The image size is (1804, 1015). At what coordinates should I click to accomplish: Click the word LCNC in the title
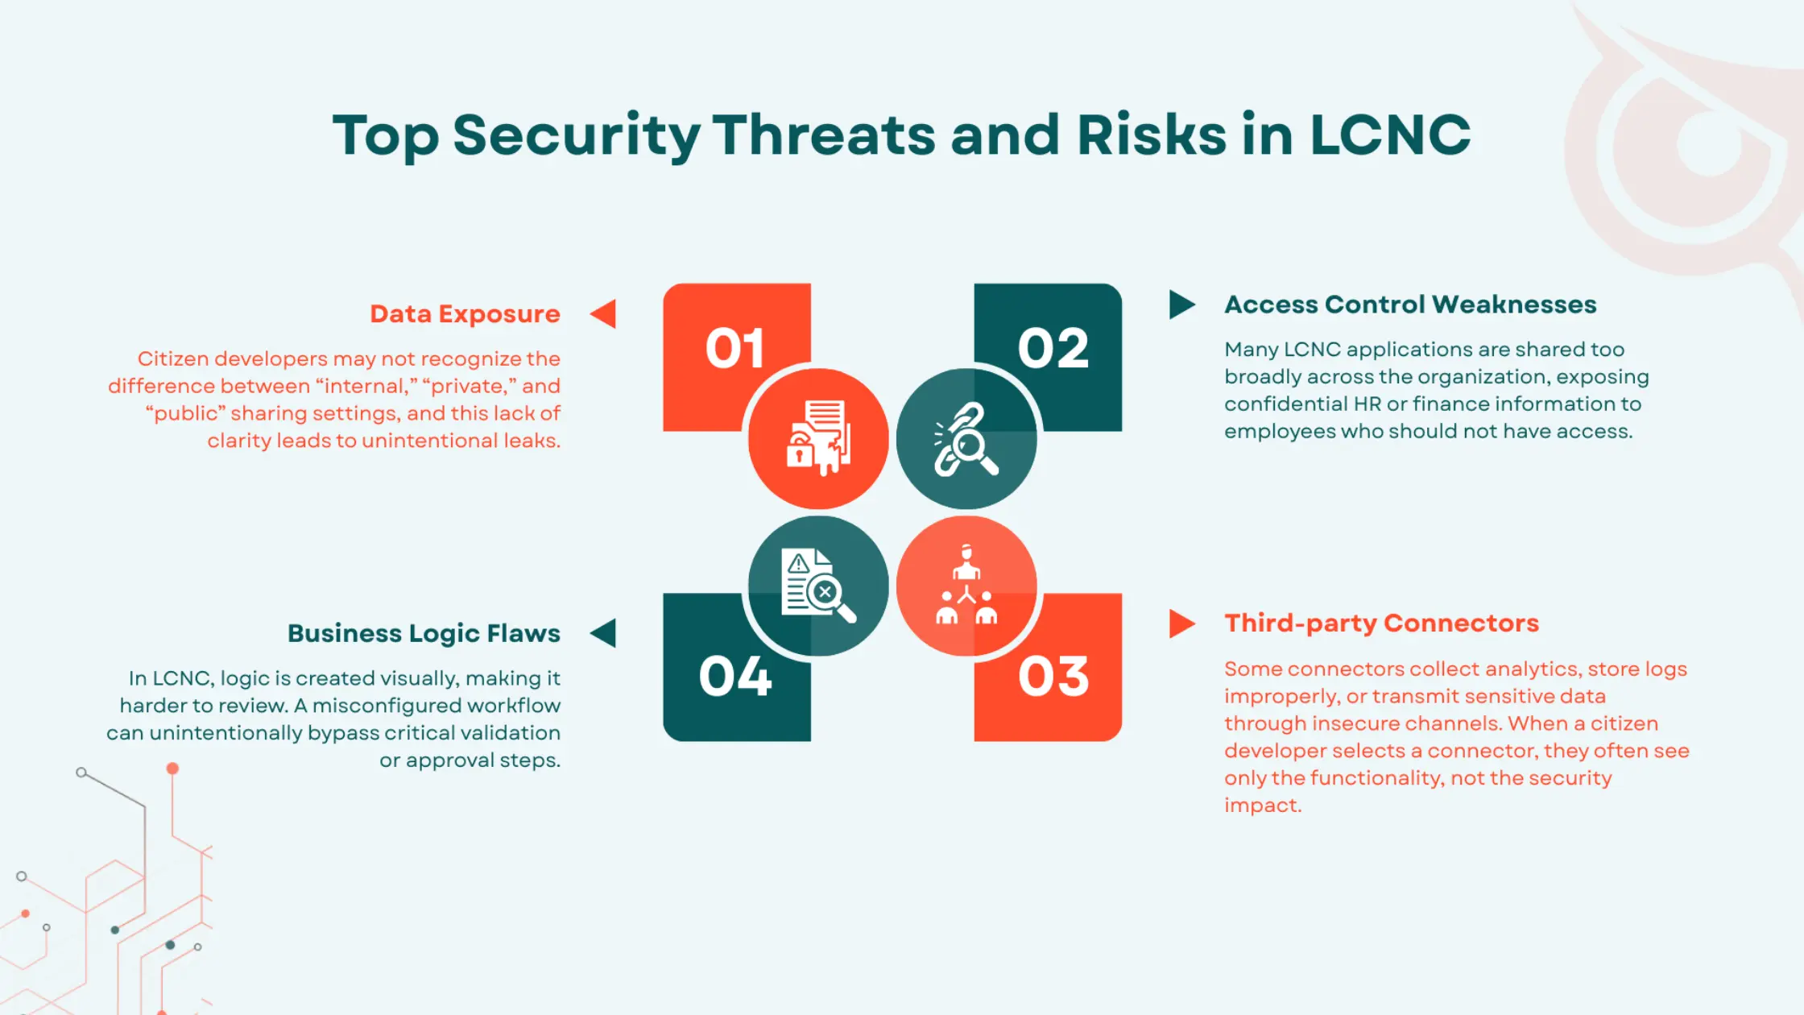pos(1389,135)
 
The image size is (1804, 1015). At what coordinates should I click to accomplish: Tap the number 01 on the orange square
pos(734,349)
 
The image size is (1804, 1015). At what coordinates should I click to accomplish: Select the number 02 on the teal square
pos(1053,349)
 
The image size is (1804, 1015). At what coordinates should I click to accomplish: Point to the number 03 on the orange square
pos(1053,676)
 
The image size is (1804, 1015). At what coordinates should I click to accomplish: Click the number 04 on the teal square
pos(734,676)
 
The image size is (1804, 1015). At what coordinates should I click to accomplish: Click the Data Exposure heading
pos(465,313)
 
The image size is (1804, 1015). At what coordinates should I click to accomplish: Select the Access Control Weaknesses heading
pos(1410,304)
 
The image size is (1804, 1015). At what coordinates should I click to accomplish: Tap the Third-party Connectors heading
pos(1381,623)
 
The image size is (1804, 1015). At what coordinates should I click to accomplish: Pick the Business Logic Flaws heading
pos(424,633)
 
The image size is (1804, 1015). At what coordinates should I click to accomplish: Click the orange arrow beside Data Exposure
pos(604,313)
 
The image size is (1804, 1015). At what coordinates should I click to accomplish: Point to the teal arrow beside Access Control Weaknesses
pos(1181,304)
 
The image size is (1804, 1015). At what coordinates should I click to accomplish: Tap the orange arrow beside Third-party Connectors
pos(1181,623)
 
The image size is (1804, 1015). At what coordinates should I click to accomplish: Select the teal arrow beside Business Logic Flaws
pos(604,633)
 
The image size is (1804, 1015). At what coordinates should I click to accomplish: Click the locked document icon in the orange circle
pos(818,438)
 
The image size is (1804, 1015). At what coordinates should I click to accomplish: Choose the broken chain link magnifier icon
pos(966,440)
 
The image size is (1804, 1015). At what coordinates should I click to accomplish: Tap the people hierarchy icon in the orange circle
pos(966,586)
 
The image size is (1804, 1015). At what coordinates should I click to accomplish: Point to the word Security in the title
pos(576,135)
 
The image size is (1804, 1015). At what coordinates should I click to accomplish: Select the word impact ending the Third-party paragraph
pos(1262,805)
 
